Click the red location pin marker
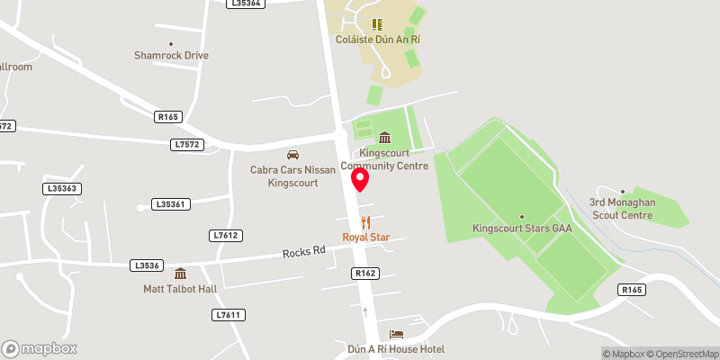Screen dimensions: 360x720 pyautogui.click(x=360, y=179)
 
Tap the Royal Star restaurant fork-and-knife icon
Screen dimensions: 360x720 pyautogui.click(x=365, y=222)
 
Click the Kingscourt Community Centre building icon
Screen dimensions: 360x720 pyautogui.click(x=385, y=138)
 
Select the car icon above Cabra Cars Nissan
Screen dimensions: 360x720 pyautogui.click(x=292, y=155)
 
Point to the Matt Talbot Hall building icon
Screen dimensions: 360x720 pyautogui.click(x=180, y=274)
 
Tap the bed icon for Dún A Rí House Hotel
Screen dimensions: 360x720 pyautogui.click(x=397, y=335)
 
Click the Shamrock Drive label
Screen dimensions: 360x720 pyautogui.click(x=171, y=56)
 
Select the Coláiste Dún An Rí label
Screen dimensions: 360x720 pyautogui.click(x=377, y=40)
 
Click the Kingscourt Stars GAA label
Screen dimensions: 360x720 pyautogui.click(x=523, y=229)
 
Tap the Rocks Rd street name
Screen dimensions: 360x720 pyautogui.click(x=303, y=253)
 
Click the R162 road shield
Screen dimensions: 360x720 pyautogui.click(x=364, y=273)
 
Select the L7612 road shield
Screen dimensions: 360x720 pyautogui.click(x=226, y=235)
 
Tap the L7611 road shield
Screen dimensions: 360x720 pyautogui.click(x=229, y=314)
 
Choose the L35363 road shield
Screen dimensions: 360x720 pyautogui.click(x=62, y=188)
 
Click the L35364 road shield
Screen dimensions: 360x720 pyautogui.click(x=246, y=4)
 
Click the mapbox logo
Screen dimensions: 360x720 pyautogui.click(x=40, y=348)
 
